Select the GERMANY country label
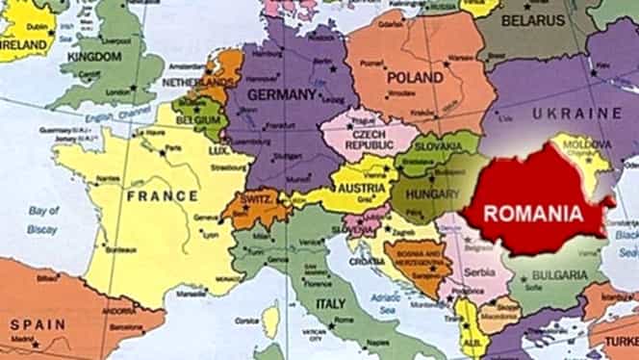tap(283, 94)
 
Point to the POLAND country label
tap(415, 77)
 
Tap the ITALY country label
tap(330, 304)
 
